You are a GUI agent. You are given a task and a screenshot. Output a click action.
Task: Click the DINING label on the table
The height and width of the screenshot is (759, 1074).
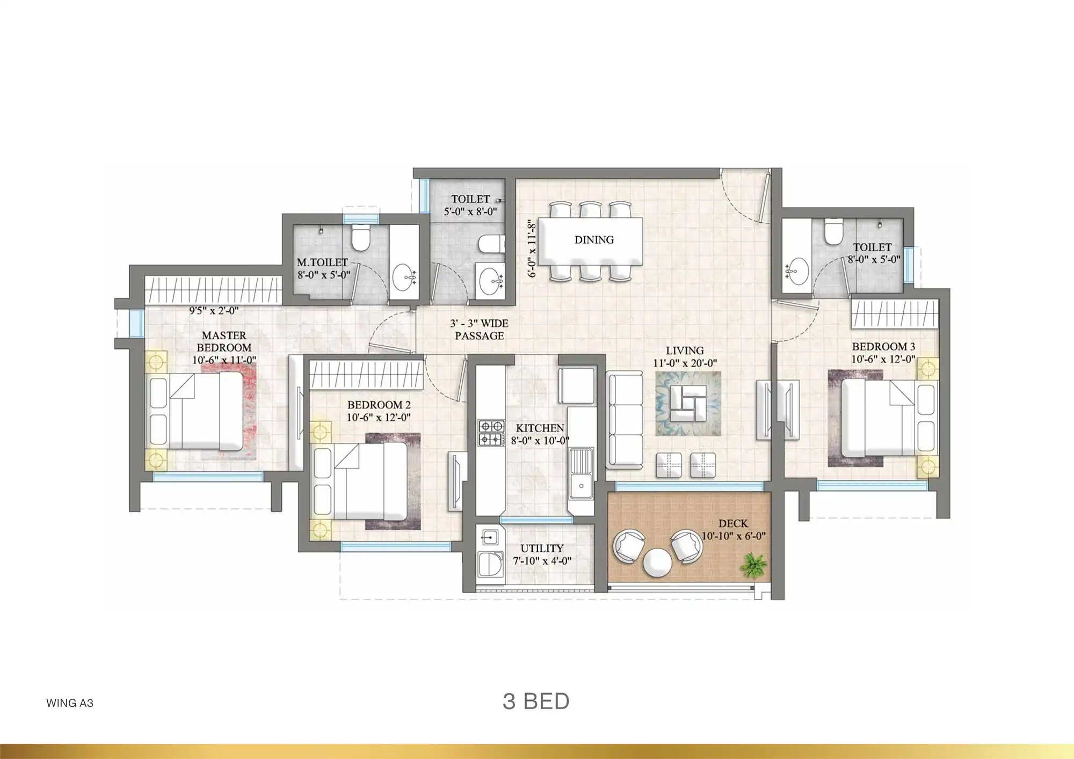click(594, 240)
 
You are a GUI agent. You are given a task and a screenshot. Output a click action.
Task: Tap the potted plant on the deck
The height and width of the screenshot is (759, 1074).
click(754, 566)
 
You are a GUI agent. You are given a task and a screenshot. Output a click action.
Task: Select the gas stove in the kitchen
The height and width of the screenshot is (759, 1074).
click(491, 433)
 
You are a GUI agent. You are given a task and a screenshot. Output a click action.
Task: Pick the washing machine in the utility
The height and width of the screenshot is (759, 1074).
click(490, 567)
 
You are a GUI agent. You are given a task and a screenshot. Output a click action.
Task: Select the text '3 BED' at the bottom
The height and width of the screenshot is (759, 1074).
click(536, 702)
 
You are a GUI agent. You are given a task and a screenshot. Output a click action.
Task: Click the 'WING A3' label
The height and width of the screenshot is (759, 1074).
click(70, 703)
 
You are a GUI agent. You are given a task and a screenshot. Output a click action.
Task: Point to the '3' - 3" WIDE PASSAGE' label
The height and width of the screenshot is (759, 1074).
click(479, 330)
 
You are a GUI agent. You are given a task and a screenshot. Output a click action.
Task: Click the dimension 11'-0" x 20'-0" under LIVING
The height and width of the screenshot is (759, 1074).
click(685, 363)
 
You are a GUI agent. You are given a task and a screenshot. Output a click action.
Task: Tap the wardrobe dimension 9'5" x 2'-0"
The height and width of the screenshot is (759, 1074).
click(214, 310)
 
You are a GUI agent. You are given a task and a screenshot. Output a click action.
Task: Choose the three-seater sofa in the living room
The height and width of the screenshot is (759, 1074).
click(625, 420)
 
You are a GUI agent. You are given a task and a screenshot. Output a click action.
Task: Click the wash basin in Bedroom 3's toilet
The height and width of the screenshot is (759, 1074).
click(797, 271)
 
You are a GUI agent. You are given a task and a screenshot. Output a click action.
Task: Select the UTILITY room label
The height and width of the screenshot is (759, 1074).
click(542, 549)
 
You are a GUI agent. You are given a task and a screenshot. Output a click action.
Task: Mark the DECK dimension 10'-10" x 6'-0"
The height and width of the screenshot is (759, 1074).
click(734, 536)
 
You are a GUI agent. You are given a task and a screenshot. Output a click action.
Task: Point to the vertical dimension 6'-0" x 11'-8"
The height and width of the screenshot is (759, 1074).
click(532, 248)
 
